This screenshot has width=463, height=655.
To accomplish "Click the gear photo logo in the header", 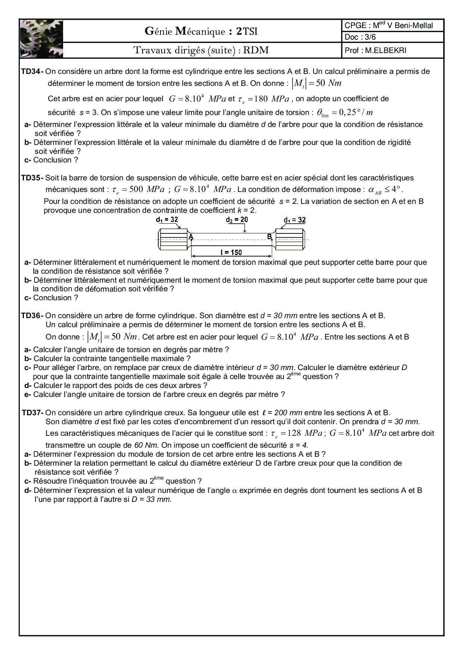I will [x=41, y=38].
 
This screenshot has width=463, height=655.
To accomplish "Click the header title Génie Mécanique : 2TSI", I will [x=201, y=32].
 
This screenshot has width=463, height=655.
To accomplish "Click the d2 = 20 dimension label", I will [x=237, y=220].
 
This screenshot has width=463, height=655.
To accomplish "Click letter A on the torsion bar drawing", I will [x=190, y=237].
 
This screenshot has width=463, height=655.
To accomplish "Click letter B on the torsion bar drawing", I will [x=269, y=236].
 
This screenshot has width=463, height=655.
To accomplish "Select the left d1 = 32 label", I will [x=167, y=220].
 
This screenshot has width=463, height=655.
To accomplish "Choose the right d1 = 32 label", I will [x=295, y=220].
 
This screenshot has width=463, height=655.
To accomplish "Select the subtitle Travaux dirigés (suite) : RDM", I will [x=201, y=50].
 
